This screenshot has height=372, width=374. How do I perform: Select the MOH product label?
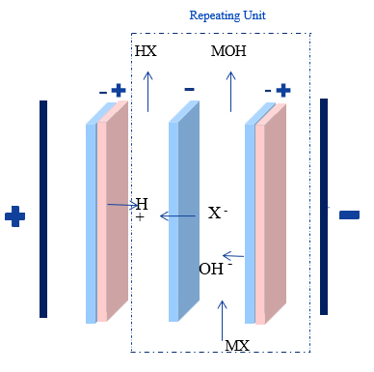(x=228, y=51)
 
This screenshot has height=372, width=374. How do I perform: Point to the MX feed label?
(x=236, y=345)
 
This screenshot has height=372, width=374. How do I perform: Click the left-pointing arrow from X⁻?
(x=177, y=215)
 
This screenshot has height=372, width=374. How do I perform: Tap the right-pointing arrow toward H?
(x=120, y=205)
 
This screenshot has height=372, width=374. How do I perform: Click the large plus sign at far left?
(x=14, y=215)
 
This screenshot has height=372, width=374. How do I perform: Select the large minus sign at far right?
(x=349, y=215)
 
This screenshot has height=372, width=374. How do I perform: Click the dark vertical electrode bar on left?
(x=43, y=208)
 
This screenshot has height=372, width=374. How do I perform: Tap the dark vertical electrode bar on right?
(x=324, y=206)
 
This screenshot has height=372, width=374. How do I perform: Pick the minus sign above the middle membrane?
(x=189, y=89)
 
